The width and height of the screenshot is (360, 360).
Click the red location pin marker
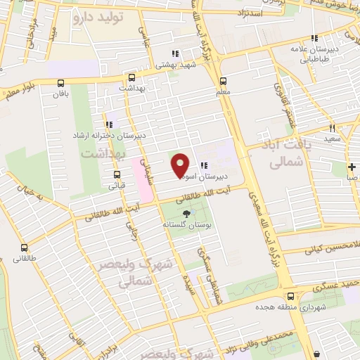[x=181, y=164]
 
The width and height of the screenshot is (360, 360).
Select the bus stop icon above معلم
[x=224, y=80]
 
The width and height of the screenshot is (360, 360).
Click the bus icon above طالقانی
[x=25, y=247]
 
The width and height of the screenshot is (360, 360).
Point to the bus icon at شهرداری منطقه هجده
[x=290, y=296]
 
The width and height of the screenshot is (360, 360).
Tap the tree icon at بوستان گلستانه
[x=186, y=214]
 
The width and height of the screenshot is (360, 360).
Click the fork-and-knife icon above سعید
[x=332, y=129]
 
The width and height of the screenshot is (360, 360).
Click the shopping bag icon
[x=317, y=354]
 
